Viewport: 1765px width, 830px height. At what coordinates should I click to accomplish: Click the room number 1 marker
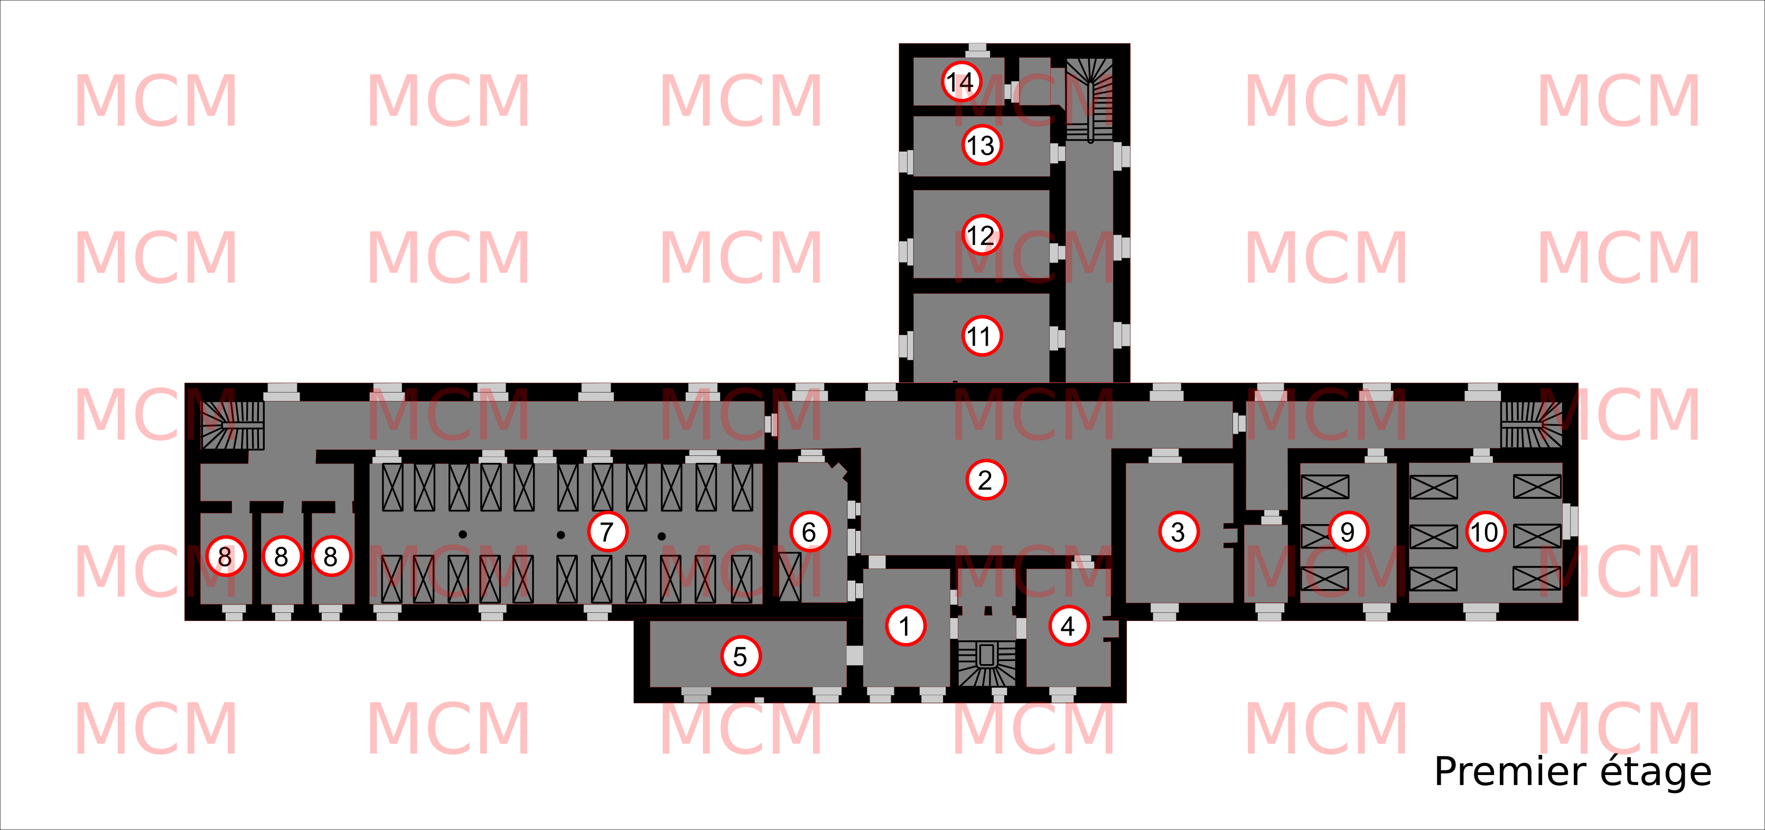[x=905, y=626]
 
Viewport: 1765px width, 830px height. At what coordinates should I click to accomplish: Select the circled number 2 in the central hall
[x=985, y=480]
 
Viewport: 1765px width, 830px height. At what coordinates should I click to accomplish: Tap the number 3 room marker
[x=1179, y=532]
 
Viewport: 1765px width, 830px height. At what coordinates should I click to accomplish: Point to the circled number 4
[x=1068, y=626]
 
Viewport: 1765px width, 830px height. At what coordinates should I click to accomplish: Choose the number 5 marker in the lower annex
[x=741, y=656]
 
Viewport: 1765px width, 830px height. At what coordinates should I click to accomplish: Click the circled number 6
[x=809, y=532]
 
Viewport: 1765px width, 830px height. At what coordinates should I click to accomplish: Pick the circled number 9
[x=1348, y=532]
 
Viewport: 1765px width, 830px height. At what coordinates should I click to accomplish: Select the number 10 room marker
[x=1486, y=532]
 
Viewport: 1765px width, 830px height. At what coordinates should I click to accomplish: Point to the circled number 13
[x=981, y=145]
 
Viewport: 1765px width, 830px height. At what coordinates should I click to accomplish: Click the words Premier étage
[x=1573, y=772]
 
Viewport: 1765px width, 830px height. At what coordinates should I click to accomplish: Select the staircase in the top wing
[x=1089, y=99]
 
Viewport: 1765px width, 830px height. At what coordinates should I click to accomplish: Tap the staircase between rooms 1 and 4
[x=987, y=661]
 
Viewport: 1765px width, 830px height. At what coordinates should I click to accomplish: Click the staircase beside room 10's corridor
[x=1531, y=425]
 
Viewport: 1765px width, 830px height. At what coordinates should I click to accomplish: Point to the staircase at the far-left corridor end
[x=233, y=425]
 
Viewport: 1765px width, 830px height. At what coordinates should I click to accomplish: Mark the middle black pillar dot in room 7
[x=561, y=535]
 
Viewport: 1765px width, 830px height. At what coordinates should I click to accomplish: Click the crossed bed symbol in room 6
[x=790, y=577]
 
